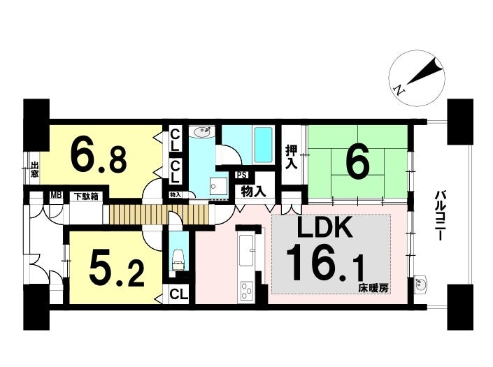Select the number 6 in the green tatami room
pos(357,160)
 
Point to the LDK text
pos(324,227)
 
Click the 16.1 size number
pos(325,264)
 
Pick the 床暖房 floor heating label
pos(374,288)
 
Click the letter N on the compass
pos(399,90)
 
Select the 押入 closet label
pos(292,157)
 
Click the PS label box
pos(242,175)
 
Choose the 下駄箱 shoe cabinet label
pos(86,196)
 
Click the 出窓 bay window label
pos(34,168)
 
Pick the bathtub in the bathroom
pos(263,145)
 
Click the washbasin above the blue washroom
pos(201,132)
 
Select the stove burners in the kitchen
pos(248,291)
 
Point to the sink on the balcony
pos(420,284)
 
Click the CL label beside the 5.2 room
pos(178,294)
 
